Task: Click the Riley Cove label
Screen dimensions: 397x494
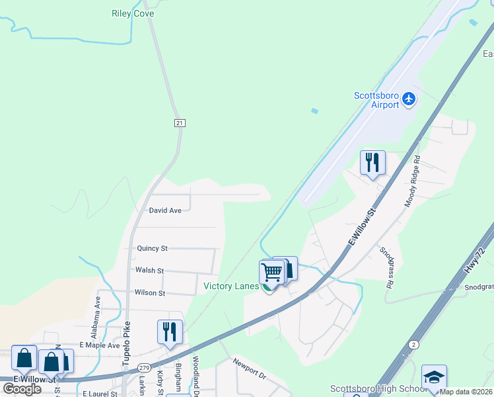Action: pyautogui.click(x=133, y=13)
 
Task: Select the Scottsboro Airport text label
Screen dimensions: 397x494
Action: pyautogui.click(x=376, y=100)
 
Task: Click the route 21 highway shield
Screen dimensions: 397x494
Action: pyautogui.click(x=180, y=123)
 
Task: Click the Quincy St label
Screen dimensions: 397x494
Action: pyautogui.click(x=152, y=249)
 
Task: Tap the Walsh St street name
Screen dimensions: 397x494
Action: pyautogui.click(x=149, y=271)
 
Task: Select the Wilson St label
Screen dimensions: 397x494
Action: pyautogui.click(x=149, y=292)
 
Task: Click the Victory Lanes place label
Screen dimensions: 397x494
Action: pyautogui.click(x=231, y=287)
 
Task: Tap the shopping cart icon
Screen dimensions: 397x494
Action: pyautogui.click(x=272, y=271)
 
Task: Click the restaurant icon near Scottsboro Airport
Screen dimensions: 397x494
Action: pyautogui.click(x=372, y=162)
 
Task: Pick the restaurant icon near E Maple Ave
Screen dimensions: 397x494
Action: pyautogui.click(x=170, y=331)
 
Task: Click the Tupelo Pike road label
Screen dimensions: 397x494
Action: pyautogui.click(x=127, y=344)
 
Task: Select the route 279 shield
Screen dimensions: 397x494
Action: pyautogui.click(x=144, y=368)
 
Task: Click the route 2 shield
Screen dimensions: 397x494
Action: pyautogui.click(x=413, y=345)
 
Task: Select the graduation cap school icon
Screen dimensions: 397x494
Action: pyautogui.click(x=433, y=376)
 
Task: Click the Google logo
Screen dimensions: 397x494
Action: pyautogui.click(x=22, y=388)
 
